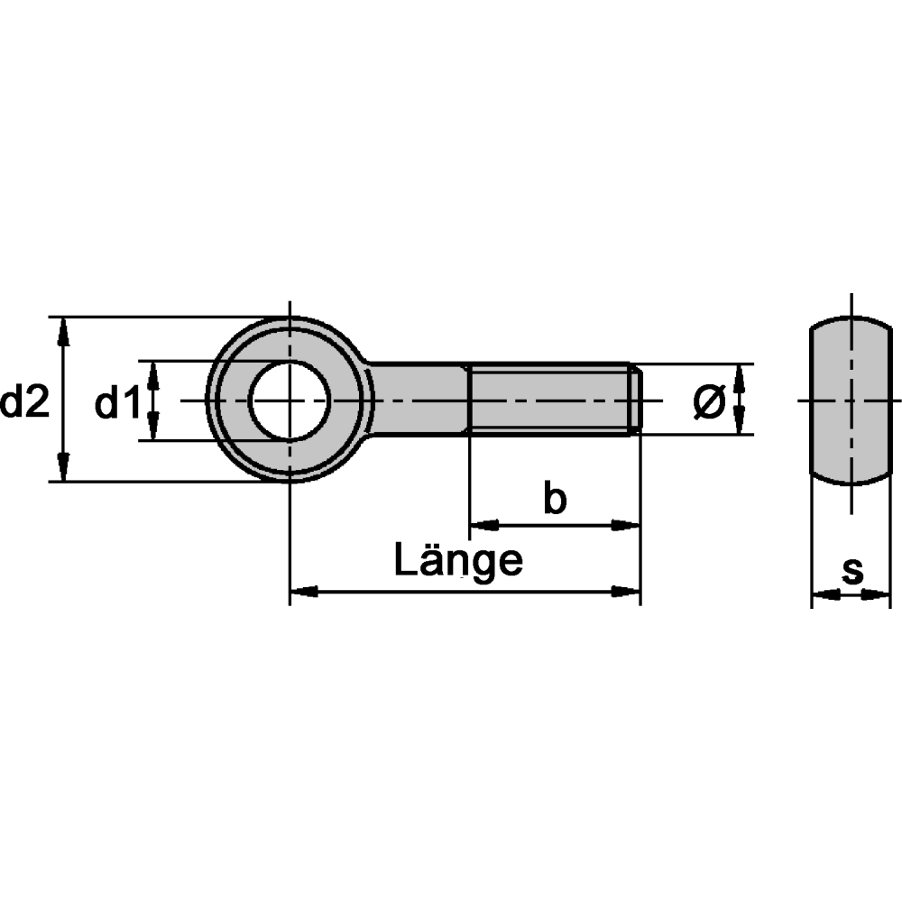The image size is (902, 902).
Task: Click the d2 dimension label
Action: coord(24,401)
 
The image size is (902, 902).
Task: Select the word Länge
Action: coord(458,559)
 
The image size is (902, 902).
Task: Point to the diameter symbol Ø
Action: coord(709,401)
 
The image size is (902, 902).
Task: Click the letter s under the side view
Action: coord(852,571)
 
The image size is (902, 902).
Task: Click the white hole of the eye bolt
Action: coord(290,400)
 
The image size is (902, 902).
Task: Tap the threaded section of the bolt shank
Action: coord(551,400)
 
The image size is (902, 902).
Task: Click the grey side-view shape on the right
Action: coord(851,400)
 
